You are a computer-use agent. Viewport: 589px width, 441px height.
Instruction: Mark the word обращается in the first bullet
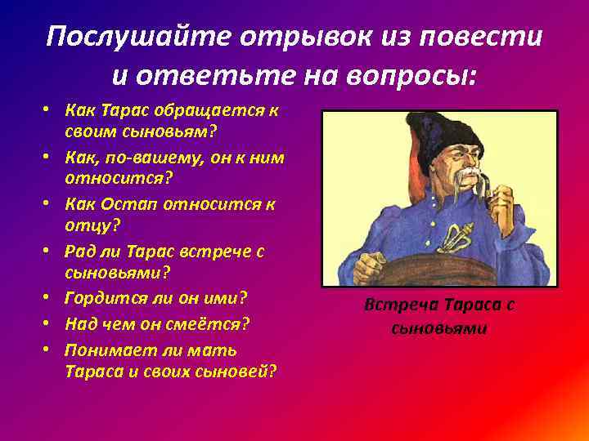(x=200, y=110)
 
